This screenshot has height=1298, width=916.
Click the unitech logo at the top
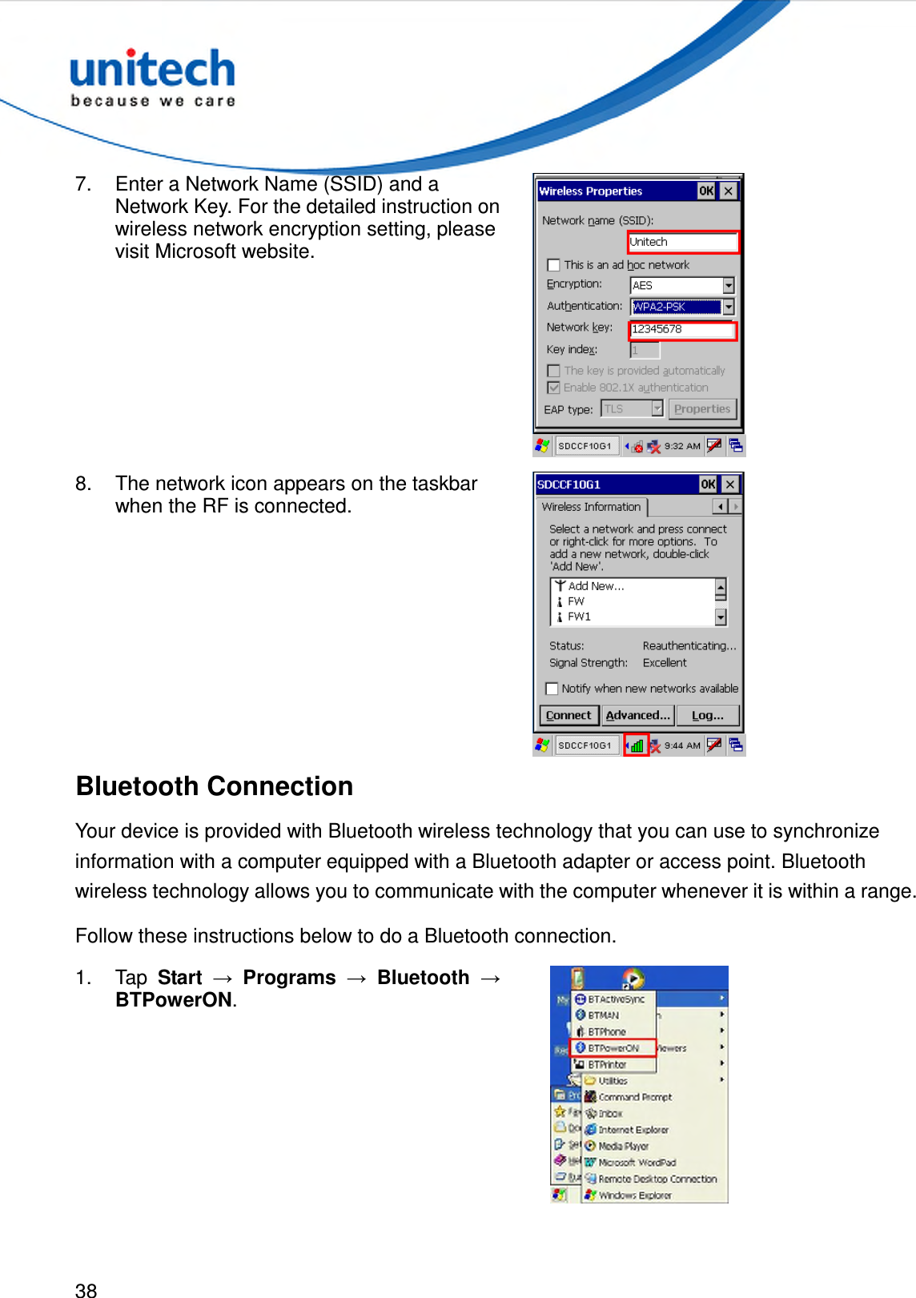(152, 77)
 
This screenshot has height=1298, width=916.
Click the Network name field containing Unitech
(681, 242)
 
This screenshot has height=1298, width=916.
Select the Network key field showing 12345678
(681, 329)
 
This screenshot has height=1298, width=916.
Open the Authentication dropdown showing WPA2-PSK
(728, 307)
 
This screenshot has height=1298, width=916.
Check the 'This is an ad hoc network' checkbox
(553, 265)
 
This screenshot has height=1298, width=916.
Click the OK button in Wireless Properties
(705, 191)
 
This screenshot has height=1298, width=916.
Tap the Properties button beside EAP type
(701, 409)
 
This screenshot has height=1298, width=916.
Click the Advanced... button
(637, 715)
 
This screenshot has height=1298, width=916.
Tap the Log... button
(707, 715)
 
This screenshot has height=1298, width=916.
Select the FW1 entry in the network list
(579, 617)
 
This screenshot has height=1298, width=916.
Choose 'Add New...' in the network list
(595, 586)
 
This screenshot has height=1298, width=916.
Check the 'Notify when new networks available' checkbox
(552, 689)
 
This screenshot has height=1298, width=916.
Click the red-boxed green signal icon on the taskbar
(637, 745)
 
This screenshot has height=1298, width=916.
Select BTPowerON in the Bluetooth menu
(613, 1048)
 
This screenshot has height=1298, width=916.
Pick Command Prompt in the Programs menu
(634, 1097)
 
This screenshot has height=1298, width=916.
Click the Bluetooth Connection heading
(215, 786)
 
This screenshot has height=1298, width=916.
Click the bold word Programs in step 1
(289, 978)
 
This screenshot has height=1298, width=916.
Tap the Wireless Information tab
(591, 507)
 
